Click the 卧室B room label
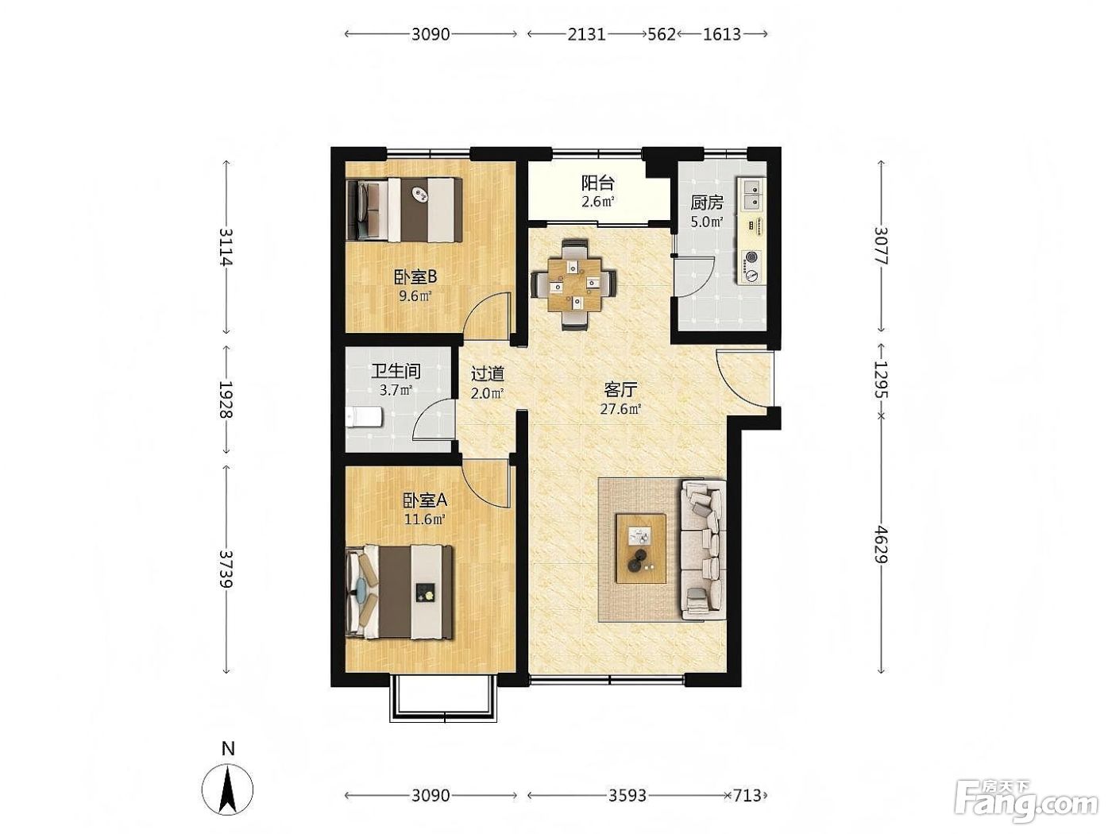(x=415, y=276)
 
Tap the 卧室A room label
(x=424, y=500)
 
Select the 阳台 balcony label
(x=598, y=183)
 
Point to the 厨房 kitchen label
(x=707, y=203)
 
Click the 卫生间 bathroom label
(x=396, y=371)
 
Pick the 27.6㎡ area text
(x=620, y=409)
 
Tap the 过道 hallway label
(x=488, y=373)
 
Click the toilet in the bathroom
(x=364, y=418)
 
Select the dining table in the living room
(x=574, y=286)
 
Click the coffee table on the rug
(x=641, y=548)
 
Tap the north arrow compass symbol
(x=227, y=789)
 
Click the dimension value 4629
(x=882, y=545)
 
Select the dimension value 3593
(x=627, y=796)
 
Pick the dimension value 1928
(x=226, y=400)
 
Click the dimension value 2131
(x=587, y=34)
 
